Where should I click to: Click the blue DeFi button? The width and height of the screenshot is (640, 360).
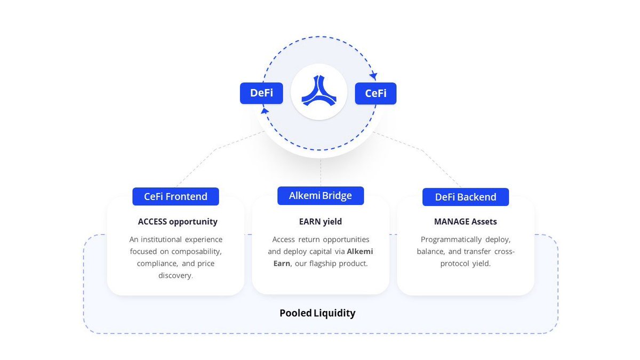tap(261, 93)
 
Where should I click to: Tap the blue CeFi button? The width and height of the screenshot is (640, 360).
tap(375, 93)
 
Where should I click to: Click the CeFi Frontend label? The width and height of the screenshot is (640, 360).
tap(175, 196)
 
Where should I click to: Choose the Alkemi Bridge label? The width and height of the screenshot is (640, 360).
tap(321, 196)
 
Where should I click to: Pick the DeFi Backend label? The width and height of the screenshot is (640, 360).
tap(466, 197)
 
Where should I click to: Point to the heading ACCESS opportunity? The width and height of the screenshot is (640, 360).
tap(178, 221)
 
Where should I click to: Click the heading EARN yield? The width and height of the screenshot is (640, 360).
tap(321, 221)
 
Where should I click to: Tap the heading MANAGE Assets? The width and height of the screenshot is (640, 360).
tap(466, 221)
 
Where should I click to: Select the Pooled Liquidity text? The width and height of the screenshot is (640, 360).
tap(317, 313)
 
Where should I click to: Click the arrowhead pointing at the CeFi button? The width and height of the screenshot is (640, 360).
tap(373, 76)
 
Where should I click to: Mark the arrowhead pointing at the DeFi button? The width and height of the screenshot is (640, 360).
tap(265, 110)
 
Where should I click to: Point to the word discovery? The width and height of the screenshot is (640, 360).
tap(175, 275)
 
